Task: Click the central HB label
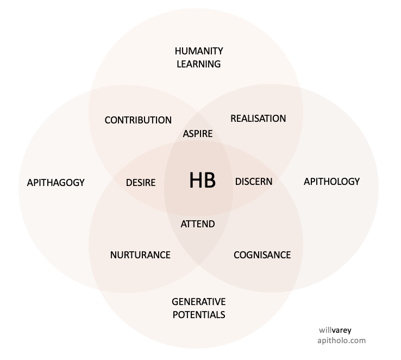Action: pos(202,181)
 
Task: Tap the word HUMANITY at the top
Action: pos(199,51)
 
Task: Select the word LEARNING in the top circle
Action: pos(198,64)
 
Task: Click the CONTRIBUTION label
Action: pos(138,120)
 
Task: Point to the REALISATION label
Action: pos(258,119)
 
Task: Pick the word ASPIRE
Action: pos(198,134)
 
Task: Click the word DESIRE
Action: pos(141,183)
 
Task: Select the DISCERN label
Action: pos(254,182)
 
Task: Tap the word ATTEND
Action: pos(198,224)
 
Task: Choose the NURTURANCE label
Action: pos(140,255)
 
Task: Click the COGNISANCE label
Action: pos(262,255)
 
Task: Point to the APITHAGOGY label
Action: pos(55,183)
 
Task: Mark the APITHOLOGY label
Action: pos(331,182)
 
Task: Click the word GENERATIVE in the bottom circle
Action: pos(198,302)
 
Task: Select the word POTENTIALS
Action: pos(198,315)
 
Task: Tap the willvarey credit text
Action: pos(335,330)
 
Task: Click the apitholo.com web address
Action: pos(341,340)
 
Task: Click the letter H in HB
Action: pos(196,181)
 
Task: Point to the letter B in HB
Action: pos(210,181)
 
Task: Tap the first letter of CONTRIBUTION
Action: pos(108,120)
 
